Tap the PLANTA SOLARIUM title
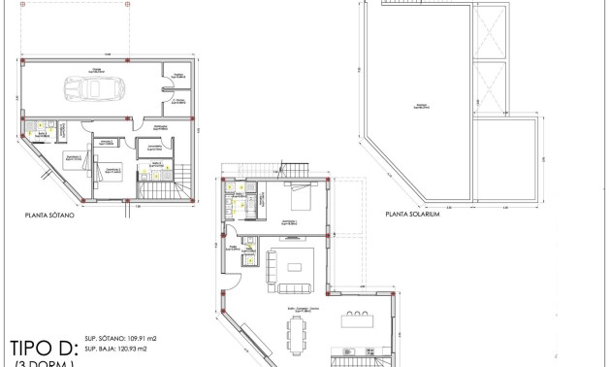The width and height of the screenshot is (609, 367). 413,216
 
